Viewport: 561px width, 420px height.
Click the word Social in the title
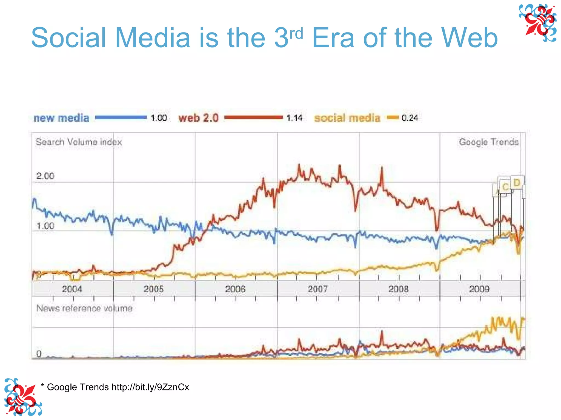tap(68, 38)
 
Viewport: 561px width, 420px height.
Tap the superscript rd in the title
tap(296, 34)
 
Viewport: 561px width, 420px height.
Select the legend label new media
tap(61, 118)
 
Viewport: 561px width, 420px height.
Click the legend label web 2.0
tap(199, 118)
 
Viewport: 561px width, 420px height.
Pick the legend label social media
tap(347, 118)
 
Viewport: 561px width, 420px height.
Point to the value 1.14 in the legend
tap(294, 118)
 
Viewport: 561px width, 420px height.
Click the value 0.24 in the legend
tap(410, 118)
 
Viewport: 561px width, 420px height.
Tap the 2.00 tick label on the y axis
tap(45, 176)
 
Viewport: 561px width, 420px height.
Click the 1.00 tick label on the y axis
tap(45, 226)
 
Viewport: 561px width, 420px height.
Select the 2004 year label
tap(72, 289)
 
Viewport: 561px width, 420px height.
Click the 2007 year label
tap(317, 289)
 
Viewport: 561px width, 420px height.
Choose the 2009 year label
tap(479, 289)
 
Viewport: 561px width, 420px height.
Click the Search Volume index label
tap(79, 142)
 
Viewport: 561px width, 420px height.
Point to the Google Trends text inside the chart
tap(489, 142)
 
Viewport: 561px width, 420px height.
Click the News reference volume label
tap(84, 308)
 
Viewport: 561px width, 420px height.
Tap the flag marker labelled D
tap(517, 182)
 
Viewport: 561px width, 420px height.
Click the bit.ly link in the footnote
tap(150, 387)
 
